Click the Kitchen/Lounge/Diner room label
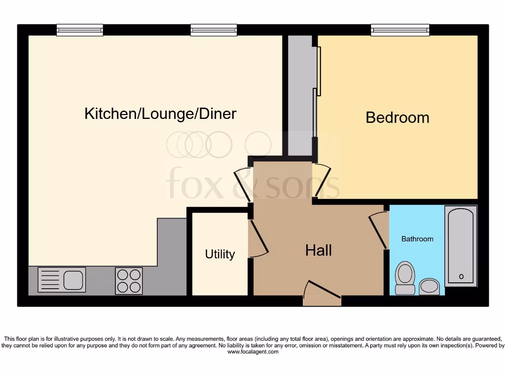(160, 114)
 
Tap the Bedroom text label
(397, 118)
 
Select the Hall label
(318, 250)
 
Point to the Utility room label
(220, 254)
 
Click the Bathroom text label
(417, 239)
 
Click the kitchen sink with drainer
(62, 279)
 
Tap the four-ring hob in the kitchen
(129, 281)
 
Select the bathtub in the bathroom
(461, 246)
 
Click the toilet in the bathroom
(405, 277)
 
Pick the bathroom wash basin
(429, 286)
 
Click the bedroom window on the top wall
(400, 30)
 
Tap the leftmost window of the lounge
(79, 30)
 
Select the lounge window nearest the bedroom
(214, 30)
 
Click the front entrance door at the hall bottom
(322, 292)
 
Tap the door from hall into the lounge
(243, 183)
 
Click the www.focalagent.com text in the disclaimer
(252, 352)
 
